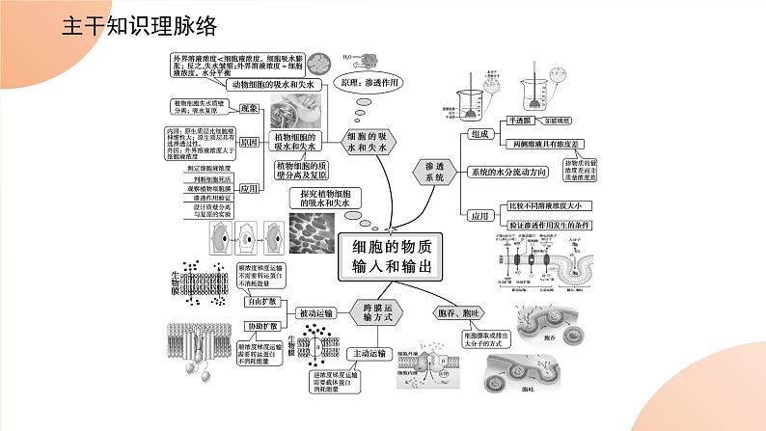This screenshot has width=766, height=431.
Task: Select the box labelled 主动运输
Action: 366,354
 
